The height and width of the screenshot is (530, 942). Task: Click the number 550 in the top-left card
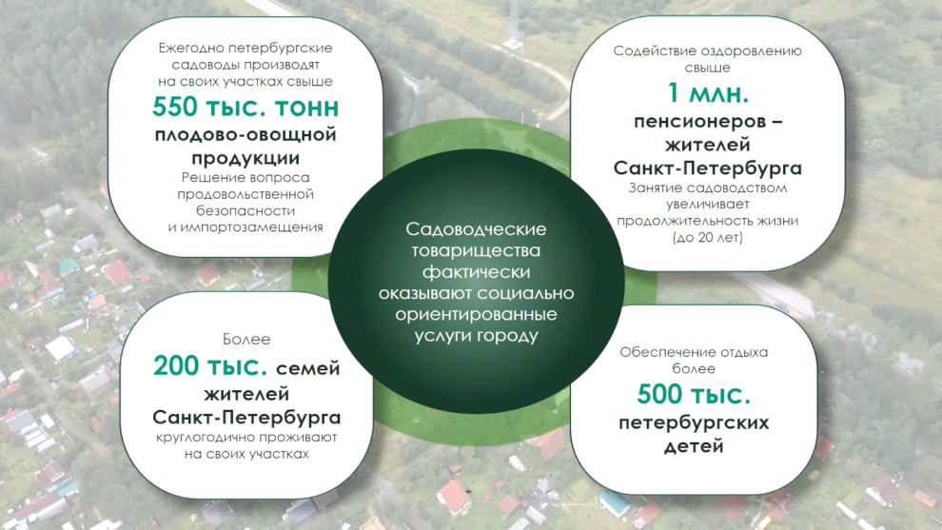point(174,107)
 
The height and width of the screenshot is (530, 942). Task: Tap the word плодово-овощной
point(245,134)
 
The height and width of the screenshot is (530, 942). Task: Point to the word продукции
point(245,159)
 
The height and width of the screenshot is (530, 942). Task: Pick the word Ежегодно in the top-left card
point(190,49)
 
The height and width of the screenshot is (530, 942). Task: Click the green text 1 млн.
point(708,93)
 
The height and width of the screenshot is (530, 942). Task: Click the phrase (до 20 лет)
point(708,237)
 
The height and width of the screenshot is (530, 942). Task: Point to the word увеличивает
point(708,205)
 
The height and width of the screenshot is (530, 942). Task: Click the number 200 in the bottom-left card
point(176,366)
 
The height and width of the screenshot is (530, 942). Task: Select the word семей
point(307,368)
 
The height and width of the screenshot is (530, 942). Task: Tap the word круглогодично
point(204,438)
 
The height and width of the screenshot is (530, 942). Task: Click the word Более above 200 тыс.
point(246,340)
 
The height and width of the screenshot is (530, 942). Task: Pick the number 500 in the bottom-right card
point(659,395)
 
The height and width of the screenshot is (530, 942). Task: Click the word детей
point(694,446)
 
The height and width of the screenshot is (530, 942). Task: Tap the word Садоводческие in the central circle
point(476,229)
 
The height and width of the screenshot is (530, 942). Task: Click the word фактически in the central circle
point(476,271)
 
